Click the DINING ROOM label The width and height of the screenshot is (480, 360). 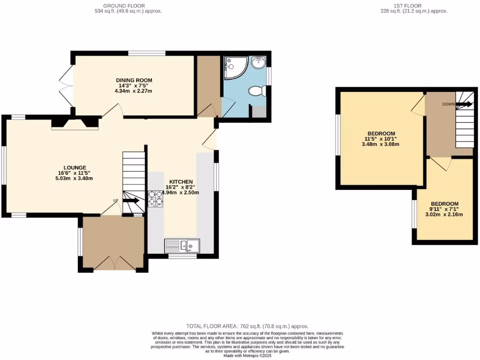[134, 80]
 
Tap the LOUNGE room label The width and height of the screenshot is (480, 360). [75, 167]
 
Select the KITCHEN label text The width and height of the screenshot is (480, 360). [181, 181]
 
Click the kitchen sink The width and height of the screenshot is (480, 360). [182, 245]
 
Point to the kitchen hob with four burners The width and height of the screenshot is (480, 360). [155, 199]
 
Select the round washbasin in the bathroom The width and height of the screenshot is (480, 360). [258, 62]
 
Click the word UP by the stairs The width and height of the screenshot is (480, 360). [115, 201]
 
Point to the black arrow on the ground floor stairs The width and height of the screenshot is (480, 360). [131, 201]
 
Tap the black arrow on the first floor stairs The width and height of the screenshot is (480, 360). [465, 104]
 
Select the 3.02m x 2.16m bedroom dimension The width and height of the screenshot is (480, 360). [444, 215]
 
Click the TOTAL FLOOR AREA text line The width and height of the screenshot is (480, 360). [247, 326]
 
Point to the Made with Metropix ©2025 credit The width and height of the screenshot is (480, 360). [247, 356]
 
